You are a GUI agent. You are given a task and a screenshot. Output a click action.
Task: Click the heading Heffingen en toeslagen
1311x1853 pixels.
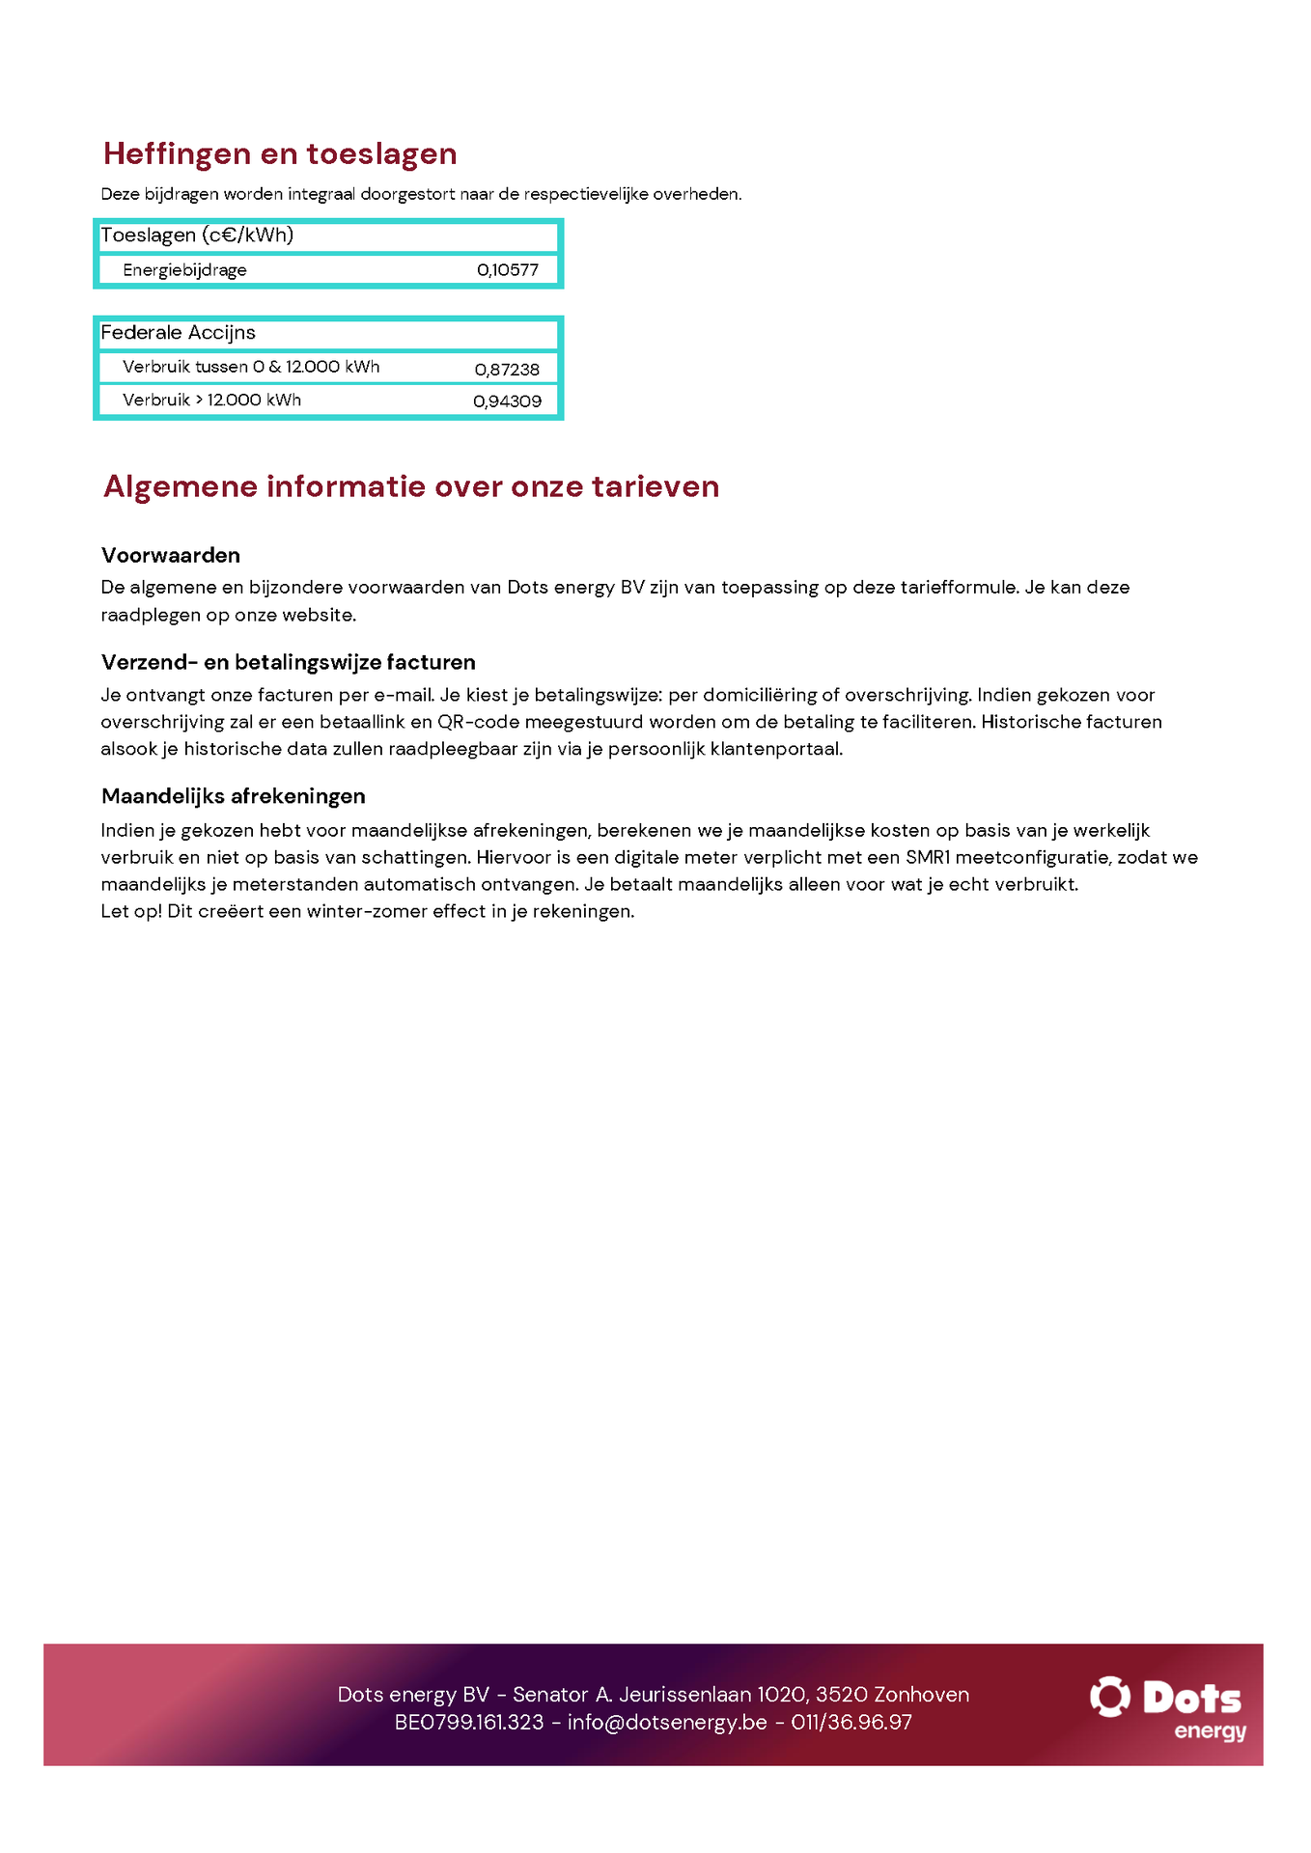coord(280,154)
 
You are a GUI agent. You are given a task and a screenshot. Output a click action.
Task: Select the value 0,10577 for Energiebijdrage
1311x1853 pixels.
coord(507,270)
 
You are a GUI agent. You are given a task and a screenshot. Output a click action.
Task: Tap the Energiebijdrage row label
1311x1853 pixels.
coord(184,270)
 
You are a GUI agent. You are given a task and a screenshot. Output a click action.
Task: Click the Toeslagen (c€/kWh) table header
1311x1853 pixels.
coord(197,235)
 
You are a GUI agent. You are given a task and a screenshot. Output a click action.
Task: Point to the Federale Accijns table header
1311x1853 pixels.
coord(178,333)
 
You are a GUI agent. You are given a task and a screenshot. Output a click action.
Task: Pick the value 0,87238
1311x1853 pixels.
coord(507,370)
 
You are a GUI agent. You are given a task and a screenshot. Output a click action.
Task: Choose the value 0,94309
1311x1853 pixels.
coord(507,401)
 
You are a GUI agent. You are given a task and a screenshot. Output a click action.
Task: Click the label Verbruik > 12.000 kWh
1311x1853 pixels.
coord(211,401)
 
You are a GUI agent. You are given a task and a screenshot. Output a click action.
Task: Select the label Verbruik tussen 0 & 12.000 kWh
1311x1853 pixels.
coord(251,368)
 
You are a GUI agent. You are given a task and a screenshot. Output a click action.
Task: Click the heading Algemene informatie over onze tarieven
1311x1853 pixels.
coord(411,486)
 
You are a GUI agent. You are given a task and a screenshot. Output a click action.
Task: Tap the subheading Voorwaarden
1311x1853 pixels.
coord(171,556)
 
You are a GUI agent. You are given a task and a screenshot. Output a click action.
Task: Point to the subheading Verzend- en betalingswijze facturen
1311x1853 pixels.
coord(288,663)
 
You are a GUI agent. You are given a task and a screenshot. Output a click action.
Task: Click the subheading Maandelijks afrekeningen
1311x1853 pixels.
coord(233,796)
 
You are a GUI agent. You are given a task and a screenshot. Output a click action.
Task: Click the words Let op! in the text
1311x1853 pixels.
coord(130,911)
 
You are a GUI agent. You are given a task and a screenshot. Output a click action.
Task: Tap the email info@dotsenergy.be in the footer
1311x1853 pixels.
coord(667,1722)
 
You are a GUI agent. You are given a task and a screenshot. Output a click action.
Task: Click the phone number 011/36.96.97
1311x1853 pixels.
coord(851,1722)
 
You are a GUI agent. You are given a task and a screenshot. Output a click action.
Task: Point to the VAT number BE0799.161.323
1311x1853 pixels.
coord(469,1722)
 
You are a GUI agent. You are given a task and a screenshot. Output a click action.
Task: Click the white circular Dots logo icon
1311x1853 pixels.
coord(1109,1696)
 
